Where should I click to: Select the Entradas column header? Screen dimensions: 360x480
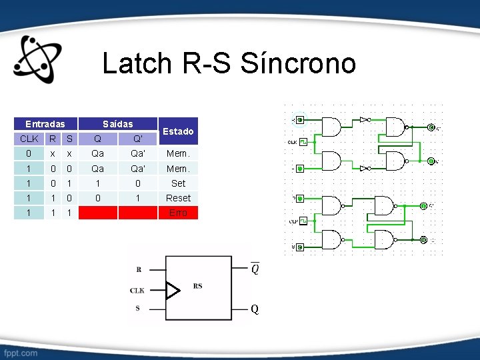tap(45, 124)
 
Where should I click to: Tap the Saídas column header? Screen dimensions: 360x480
tap(117, 124)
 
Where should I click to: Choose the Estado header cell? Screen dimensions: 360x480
tap(178, 131)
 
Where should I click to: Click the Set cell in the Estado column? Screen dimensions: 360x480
tap(178, 183)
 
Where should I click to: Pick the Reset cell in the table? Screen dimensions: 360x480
tap(178, 198)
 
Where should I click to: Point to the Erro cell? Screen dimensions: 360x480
tap(178, 213)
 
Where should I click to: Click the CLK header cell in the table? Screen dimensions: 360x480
tap(29, 139)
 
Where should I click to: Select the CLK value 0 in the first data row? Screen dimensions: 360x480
tap(29, 154)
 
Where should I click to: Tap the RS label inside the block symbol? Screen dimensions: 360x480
tap(198, 286)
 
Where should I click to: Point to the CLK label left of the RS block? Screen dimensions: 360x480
tap(137, 291)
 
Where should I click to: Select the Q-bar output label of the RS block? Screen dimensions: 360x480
tap(255, 269)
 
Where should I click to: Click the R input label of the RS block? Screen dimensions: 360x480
tap(138, 270)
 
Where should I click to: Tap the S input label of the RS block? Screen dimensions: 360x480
tap(138, 308)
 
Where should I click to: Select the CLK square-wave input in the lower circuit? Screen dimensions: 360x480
tap(302, 220)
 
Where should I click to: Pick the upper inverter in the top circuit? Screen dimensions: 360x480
tap(364, 120)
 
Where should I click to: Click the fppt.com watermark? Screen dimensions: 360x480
tap(21, 351)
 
